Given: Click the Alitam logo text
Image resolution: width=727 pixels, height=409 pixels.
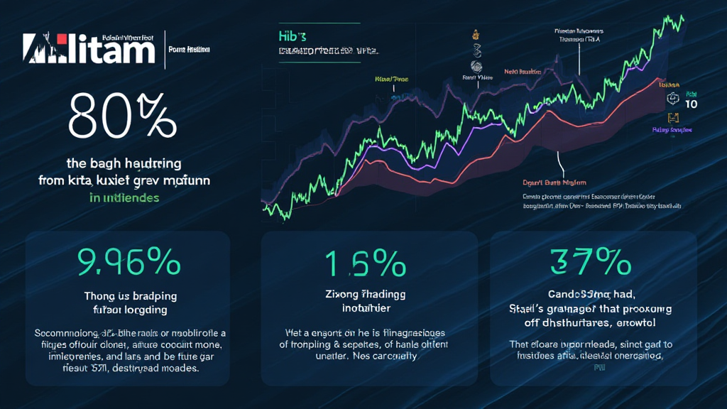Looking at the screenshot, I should pos(89,50).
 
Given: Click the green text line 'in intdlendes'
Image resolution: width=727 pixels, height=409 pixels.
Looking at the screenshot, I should pos(124,197).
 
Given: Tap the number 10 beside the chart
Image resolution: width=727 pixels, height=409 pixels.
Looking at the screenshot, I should pos(692,104).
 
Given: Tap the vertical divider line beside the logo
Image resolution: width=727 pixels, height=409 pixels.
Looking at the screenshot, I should pos(165,49).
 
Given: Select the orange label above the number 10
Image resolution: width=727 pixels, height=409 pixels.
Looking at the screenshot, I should pos(672,84).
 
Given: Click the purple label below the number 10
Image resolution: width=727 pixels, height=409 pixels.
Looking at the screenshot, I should pos(672,130).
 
